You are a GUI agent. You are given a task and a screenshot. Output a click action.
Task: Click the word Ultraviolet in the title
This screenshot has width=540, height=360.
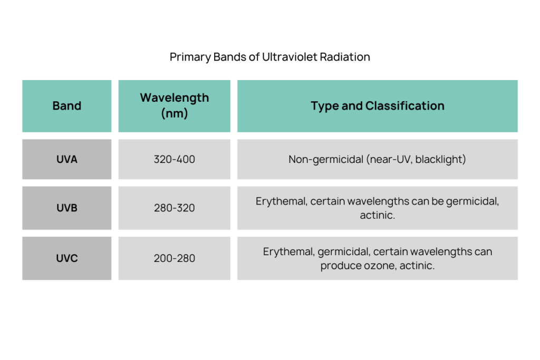(289, 57)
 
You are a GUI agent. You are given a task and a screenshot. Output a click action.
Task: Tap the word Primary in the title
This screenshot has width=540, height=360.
(190, 57)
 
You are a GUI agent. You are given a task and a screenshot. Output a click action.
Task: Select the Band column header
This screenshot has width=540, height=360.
(67, 105)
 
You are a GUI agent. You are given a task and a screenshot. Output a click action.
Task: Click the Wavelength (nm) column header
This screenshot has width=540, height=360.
(174, 105)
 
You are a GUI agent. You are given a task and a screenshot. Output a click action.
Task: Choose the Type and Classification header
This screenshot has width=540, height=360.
(378, 105)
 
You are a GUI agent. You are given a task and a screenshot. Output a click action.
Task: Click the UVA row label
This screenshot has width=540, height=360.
(67, 159)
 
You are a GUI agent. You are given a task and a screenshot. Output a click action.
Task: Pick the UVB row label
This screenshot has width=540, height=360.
(67, 208)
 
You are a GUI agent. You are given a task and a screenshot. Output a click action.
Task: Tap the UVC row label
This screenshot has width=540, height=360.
(67, 258)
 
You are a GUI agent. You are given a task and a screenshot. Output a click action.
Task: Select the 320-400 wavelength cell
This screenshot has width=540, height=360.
(174, 159)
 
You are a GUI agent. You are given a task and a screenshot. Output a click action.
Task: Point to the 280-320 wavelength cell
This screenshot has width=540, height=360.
(174, 208)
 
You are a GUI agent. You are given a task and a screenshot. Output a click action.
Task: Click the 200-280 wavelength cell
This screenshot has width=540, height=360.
(174, 258)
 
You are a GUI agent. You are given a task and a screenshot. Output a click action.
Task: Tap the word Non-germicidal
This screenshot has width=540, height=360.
(326, 160)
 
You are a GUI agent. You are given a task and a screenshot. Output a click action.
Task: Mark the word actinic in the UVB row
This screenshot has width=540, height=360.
(377, 215)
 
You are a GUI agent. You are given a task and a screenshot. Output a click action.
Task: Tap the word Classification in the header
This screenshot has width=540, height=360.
(404, 105)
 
